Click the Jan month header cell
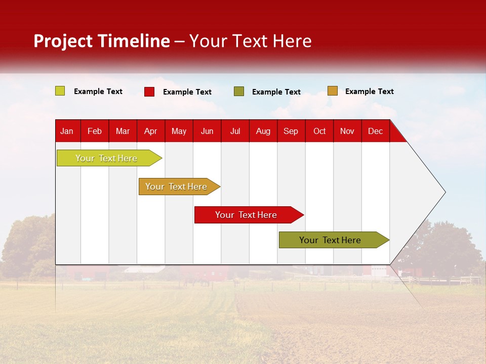67,131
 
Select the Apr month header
151,131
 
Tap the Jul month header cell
235,131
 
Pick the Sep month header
291,131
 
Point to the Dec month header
375,131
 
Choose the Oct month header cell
319,131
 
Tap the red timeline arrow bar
247,215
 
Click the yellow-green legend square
60,91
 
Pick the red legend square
149,92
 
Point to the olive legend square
239,92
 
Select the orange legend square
333,91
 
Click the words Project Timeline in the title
102,41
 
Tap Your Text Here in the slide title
251,41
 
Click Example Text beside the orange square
369,91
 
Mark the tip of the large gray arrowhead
444,192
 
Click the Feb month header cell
95,131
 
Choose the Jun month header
207,131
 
